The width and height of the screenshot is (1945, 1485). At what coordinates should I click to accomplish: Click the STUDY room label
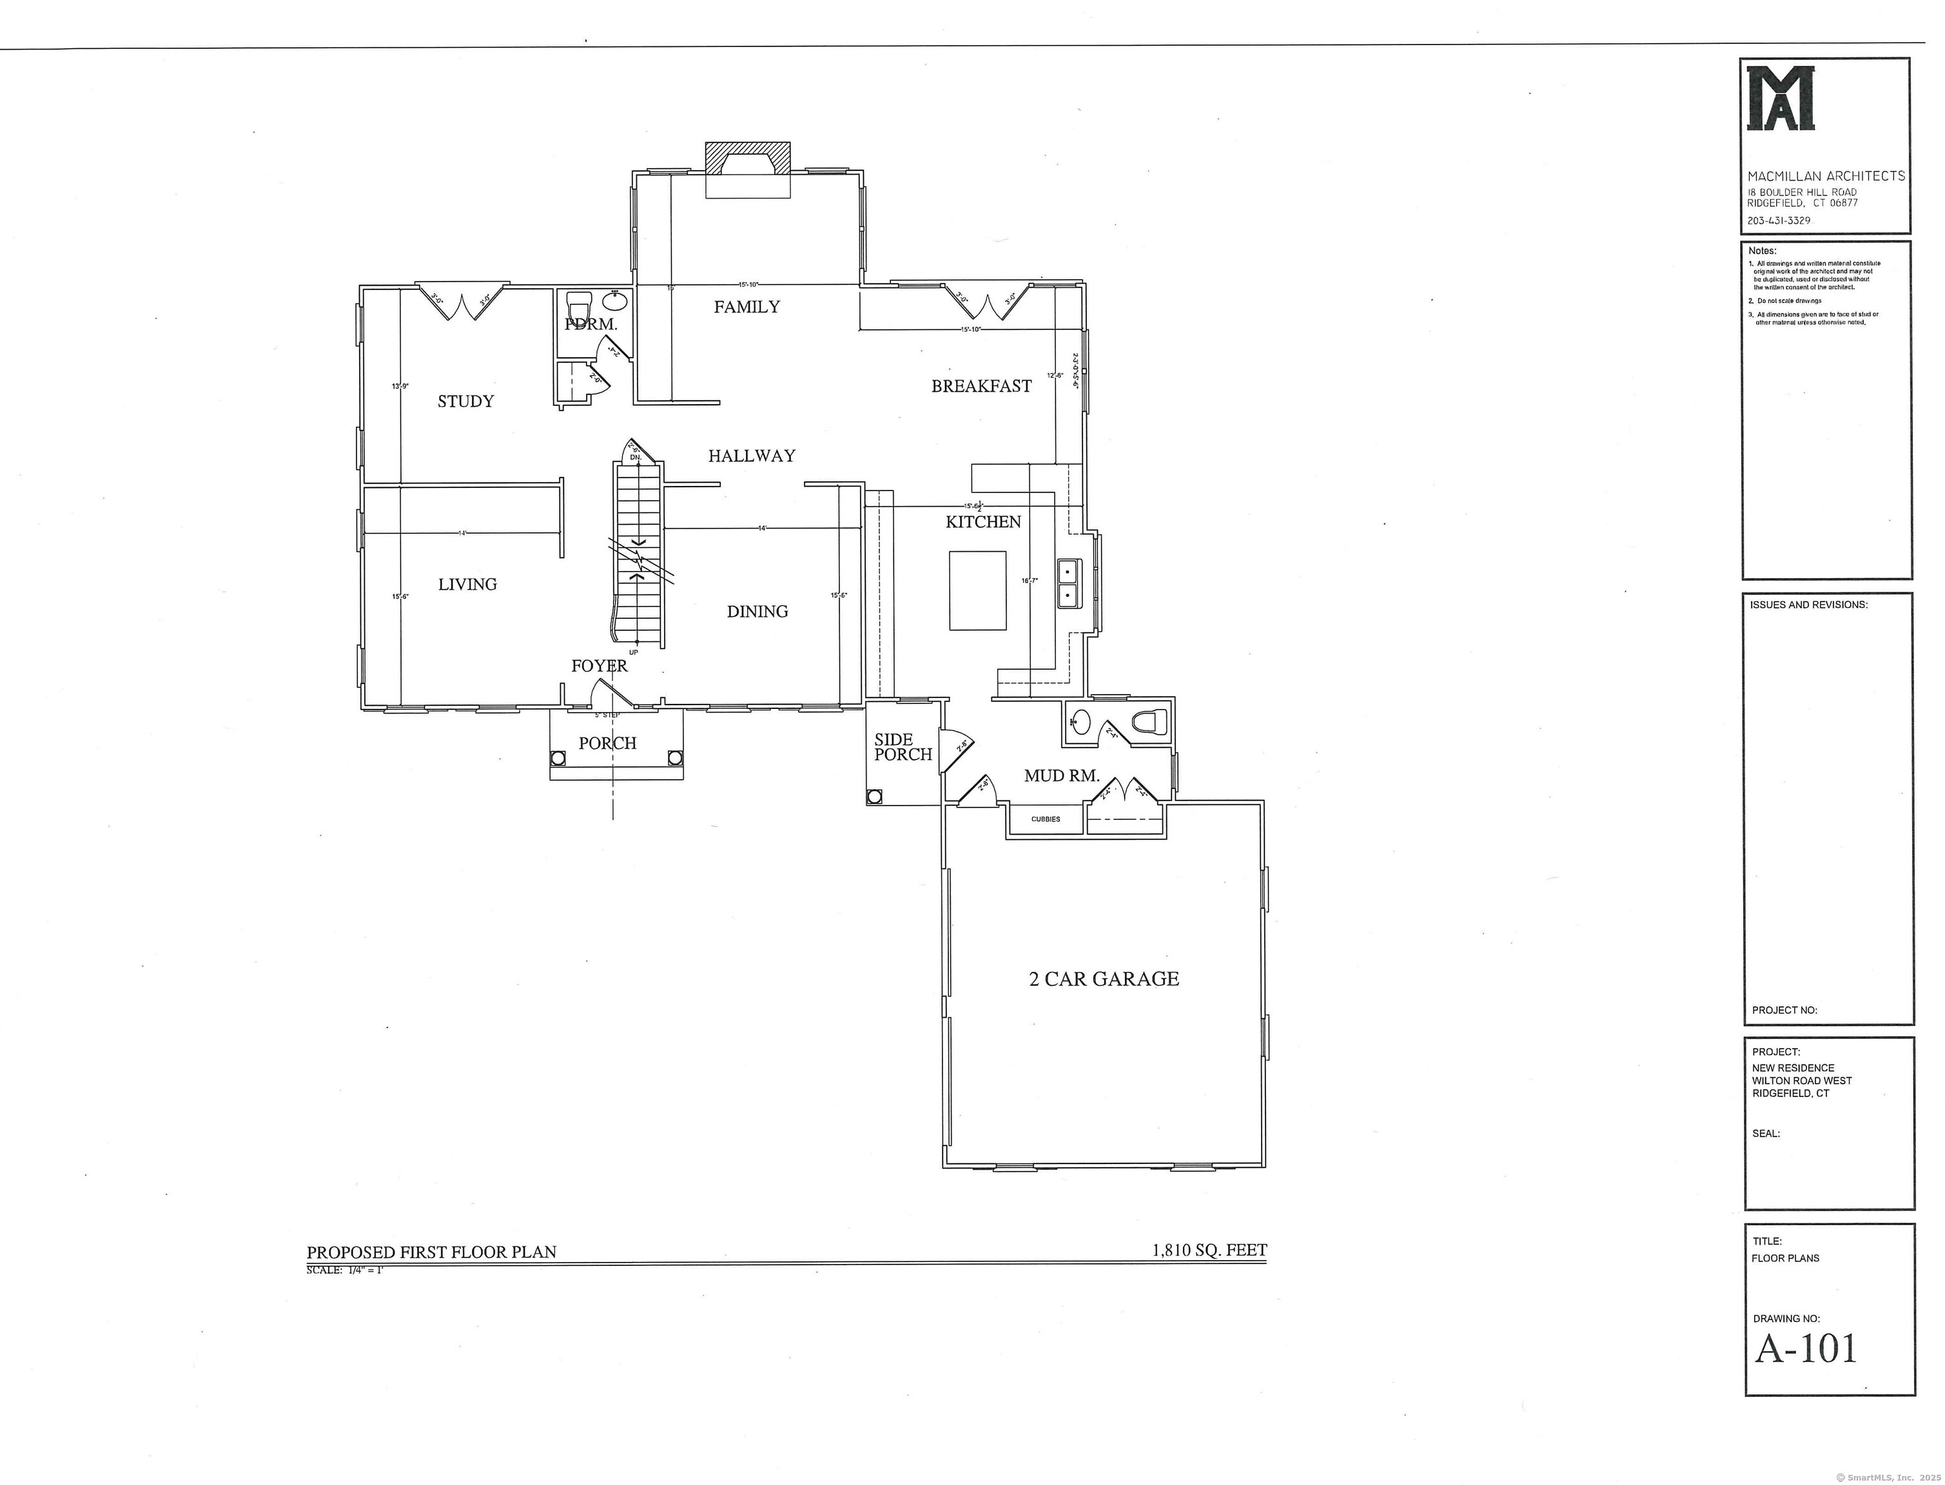[x=466, y=402]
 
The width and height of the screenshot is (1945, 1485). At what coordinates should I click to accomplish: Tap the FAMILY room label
[x=747, y=307]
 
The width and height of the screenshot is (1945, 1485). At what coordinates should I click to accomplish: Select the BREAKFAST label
[x=981, y=385]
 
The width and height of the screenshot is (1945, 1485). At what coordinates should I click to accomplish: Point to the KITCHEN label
[x=983, y=521]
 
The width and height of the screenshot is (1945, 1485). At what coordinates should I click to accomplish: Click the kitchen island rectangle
[x=978, y=590]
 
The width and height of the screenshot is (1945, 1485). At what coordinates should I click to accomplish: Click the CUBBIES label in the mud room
[x=1045, y=819]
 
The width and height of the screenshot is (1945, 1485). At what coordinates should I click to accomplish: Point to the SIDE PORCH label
[x=903, y=747]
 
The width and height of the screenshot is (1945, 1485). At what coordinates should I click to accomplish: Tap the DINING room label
[x=757, y=612]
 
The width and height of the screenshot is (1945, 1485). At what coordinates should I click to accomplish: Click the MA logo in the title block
[x=1781, y=98]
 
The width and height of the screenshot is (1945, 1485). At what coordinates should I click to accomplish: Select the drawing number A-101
[x=1806, y=1348]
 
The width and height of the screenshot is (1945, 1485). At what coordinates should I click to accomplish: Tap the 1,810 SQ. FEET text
[x=1209, y=1250]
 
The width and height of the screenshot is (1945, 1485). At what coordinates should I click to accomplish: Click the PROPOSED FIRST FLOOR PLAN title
[x=431, y=1252]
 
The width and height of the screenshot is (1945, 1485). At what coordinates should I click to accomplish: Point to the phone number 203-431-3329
[x=1779, y=220]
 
